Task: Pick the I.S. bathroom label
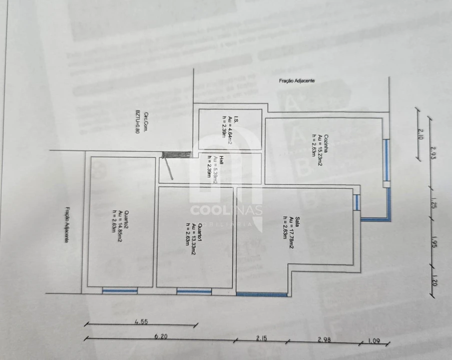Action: point(236,120)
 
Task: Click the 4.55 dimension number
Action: point(142,322)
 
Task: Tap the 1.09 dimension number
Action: point(374,341)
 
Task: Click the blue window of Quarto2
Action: point(120,290)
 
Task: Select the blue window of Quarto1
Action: point(194,291)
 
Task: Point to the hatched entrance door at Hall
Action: point(176,155)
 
